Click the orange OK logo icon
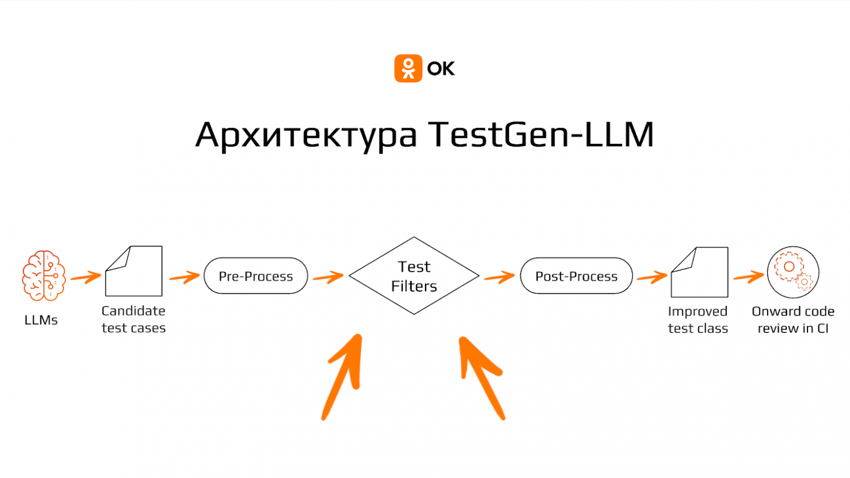tap(408, 68)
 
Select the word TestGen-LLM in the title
tap(541, 134)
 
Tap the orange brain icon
tap(44, 275)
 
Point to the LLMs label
tap(41, 320)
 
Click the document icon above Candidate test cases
tap(134, 271)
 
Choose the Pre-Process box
tap(256, 276)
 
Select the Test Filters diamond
tap(414, 276)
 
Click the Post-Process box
tap(576, 276)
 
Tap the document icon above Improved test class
tap(700, 272)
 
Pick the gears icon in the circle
tap(793, 272)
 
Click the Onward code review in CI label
tap(793, 319)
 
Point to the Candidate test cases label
tap(133, 319)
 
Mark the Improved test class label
tap(698, 320)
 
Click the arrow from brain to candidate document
tap(86, 277)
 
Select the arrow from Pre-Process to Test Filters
tap(328, 277)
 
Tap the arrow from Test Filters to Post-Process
tap(499, 277)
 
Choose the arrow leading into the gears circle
tap(749, 277)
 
